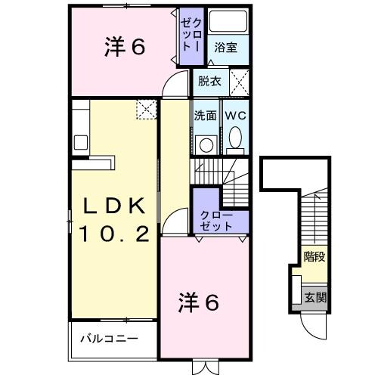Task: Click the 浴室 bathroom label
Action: coord(225,48)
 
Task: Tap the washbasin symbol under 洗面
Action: coord(206,144)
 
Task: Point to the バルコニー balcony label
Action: coord(110,337)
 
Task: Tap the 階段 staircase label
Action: coord(315,257)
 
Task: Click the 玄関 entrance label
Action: coord(315,297)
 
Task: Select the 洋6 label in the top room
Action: coord(124,47)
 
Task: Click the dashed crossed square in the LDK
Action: coord(145,110)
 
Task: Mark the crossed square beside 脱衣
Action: coord(240,79)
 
